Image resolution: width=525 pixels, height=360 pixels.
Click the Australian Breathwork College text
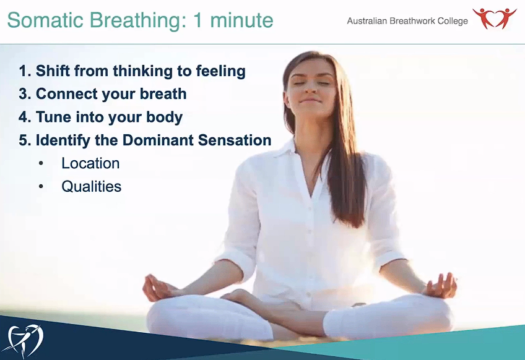(407, 21)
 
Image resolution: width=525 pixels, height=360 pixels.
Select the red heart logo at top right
(494, 18)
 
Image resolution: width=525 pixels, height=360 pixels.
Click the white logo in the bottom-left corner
(26, 338)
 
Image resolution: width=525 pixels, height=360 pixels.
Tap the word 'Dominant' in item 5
(155, 140)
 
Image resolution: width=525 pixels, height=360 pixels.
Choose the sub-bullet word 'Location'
(90, 163)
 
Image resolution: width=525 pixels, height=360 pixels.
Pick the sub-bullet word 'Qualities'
(91, 186)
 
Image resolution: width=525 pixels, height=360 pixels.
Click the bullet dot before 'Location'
(41, 163)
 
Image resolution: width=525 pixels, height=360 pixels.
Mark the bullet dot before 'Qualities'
(41, 186)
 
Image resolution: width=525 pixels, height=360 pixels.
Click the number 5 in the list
(24, 140)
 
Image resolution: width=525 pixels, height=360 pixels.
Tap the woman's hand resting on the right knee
(441, 286)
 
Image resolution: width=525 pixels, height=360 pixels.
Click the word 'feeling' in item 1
(220, 71)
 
